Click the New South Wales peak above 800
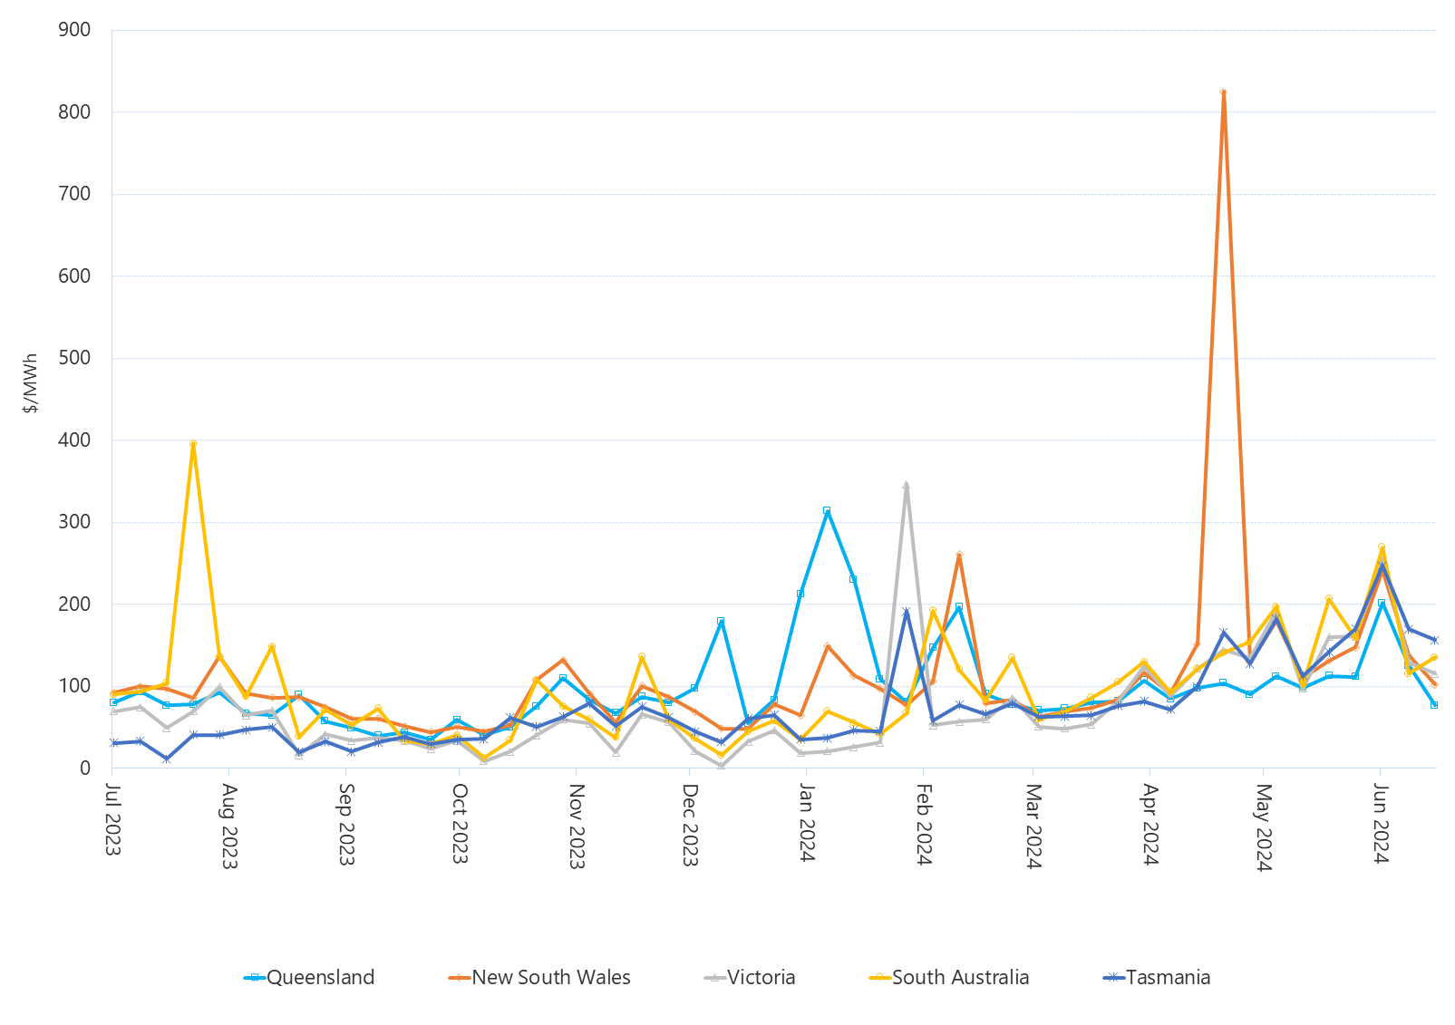[1223, 92]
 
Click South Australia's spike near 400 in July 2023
[193, 444]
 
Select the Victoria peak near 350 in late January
[906, 485]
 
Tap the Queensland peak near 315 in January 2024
[827, 510]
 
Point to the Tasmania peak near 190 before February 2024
[906, 612]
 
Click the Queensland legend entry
[310, 978]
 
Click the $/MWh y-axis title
[31, 383]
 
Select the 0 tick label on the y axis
[85, 768]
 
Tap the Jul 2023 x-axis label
[113, 819]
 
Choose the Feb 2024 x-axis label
[923, 825]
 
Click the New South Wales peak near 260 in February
[959, 555]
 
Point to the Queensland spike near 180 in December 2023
[721, 621]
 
